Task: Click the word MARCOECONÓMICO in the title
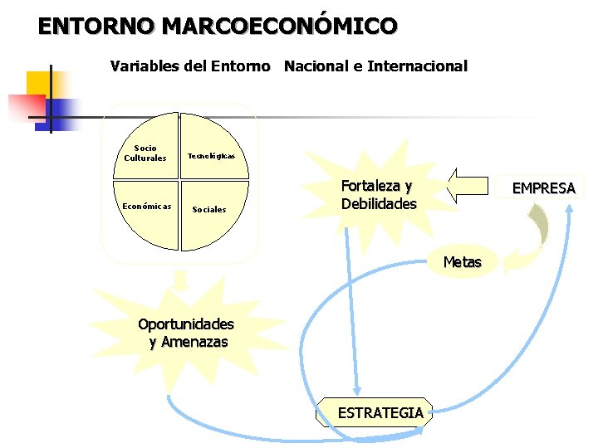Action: pos(280,27)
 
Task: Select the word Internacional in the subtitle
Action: pos(417,66)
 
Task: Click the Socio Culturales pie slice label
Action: pos(145,153)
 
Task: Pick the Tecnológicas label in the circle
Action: pos(211,156)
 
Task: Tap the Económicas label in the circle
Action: pos(146,206)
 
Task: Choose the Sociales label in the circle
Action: pos(208,209)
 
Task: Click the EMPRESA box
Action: pos(543,187)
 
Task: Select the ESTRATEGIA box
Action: pos(380,412)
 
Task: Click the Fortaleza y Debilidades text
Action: pos(378,195)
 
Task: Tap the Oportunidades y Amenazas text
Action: pos(186,333)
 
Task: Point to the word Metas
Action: pos(462,262)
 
